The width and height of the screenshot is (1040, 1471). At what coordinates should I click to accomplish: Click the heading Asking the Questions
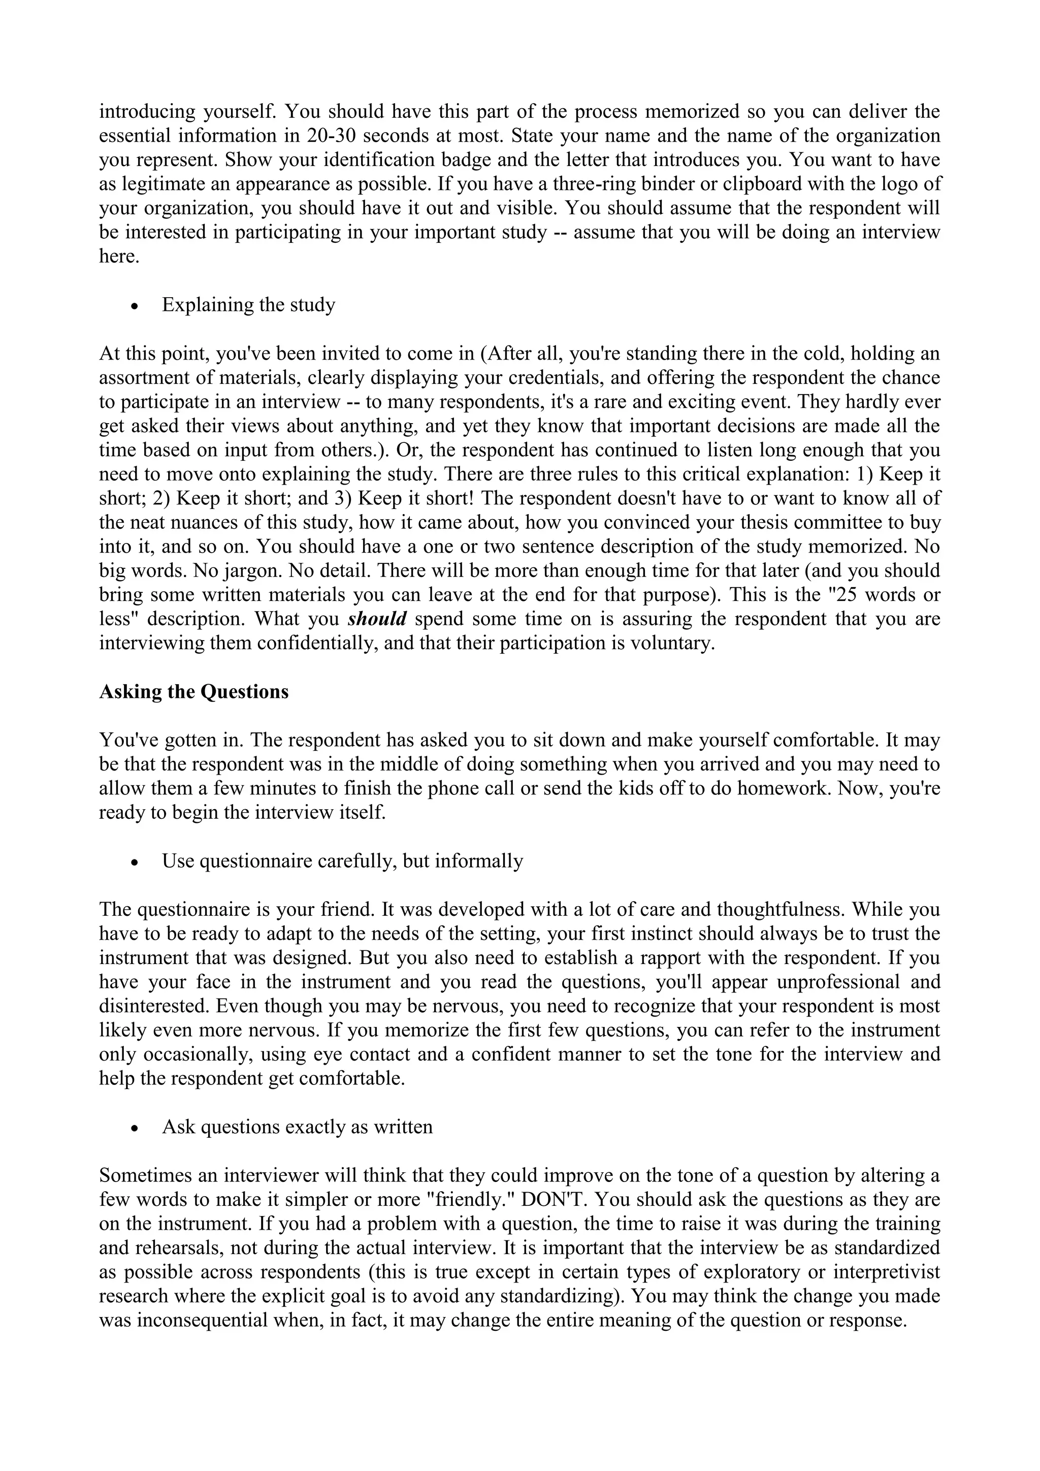pyautogui.click(x=193, y=692)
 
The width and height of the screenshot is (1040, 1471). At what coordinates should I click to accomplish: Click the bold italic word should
pyautogui.click(x=377, y=619)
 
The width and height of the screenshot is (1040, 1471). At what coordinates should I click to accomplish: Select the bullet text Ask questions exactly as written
pyautogui.click(x=297, y=1127)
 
